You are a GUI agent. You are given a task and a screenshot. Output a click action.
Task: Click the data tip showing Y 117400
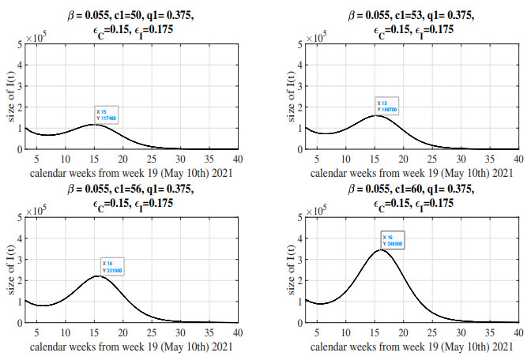106,114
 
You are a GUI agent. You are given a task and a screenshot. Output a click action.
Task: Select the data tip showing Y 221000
113,266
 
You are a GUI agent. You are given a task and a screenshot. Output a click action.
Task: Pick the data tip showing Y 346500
393,240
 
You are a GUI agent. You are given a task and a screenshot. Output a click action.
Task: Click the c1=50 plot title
130,23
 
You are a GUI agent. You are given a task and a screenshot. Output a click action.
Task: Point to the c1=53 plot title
411,23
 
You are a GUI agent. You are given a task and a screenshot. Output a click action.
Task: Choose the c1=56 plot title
130,197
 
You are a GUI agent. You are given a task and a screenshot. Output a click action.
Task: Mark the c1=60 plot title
411,197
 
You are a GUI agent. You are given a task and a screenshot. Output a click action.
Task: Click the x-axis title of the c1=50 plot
130,171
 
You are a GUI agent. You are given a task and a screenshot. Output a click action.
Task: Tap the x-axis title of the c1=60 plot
411,344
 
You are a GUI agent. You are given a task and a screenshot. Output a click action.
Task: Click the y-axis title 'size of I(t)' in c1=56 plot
9,269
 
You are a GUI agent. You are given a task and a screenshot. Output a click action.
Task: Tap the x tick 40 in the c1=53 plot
518,157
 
